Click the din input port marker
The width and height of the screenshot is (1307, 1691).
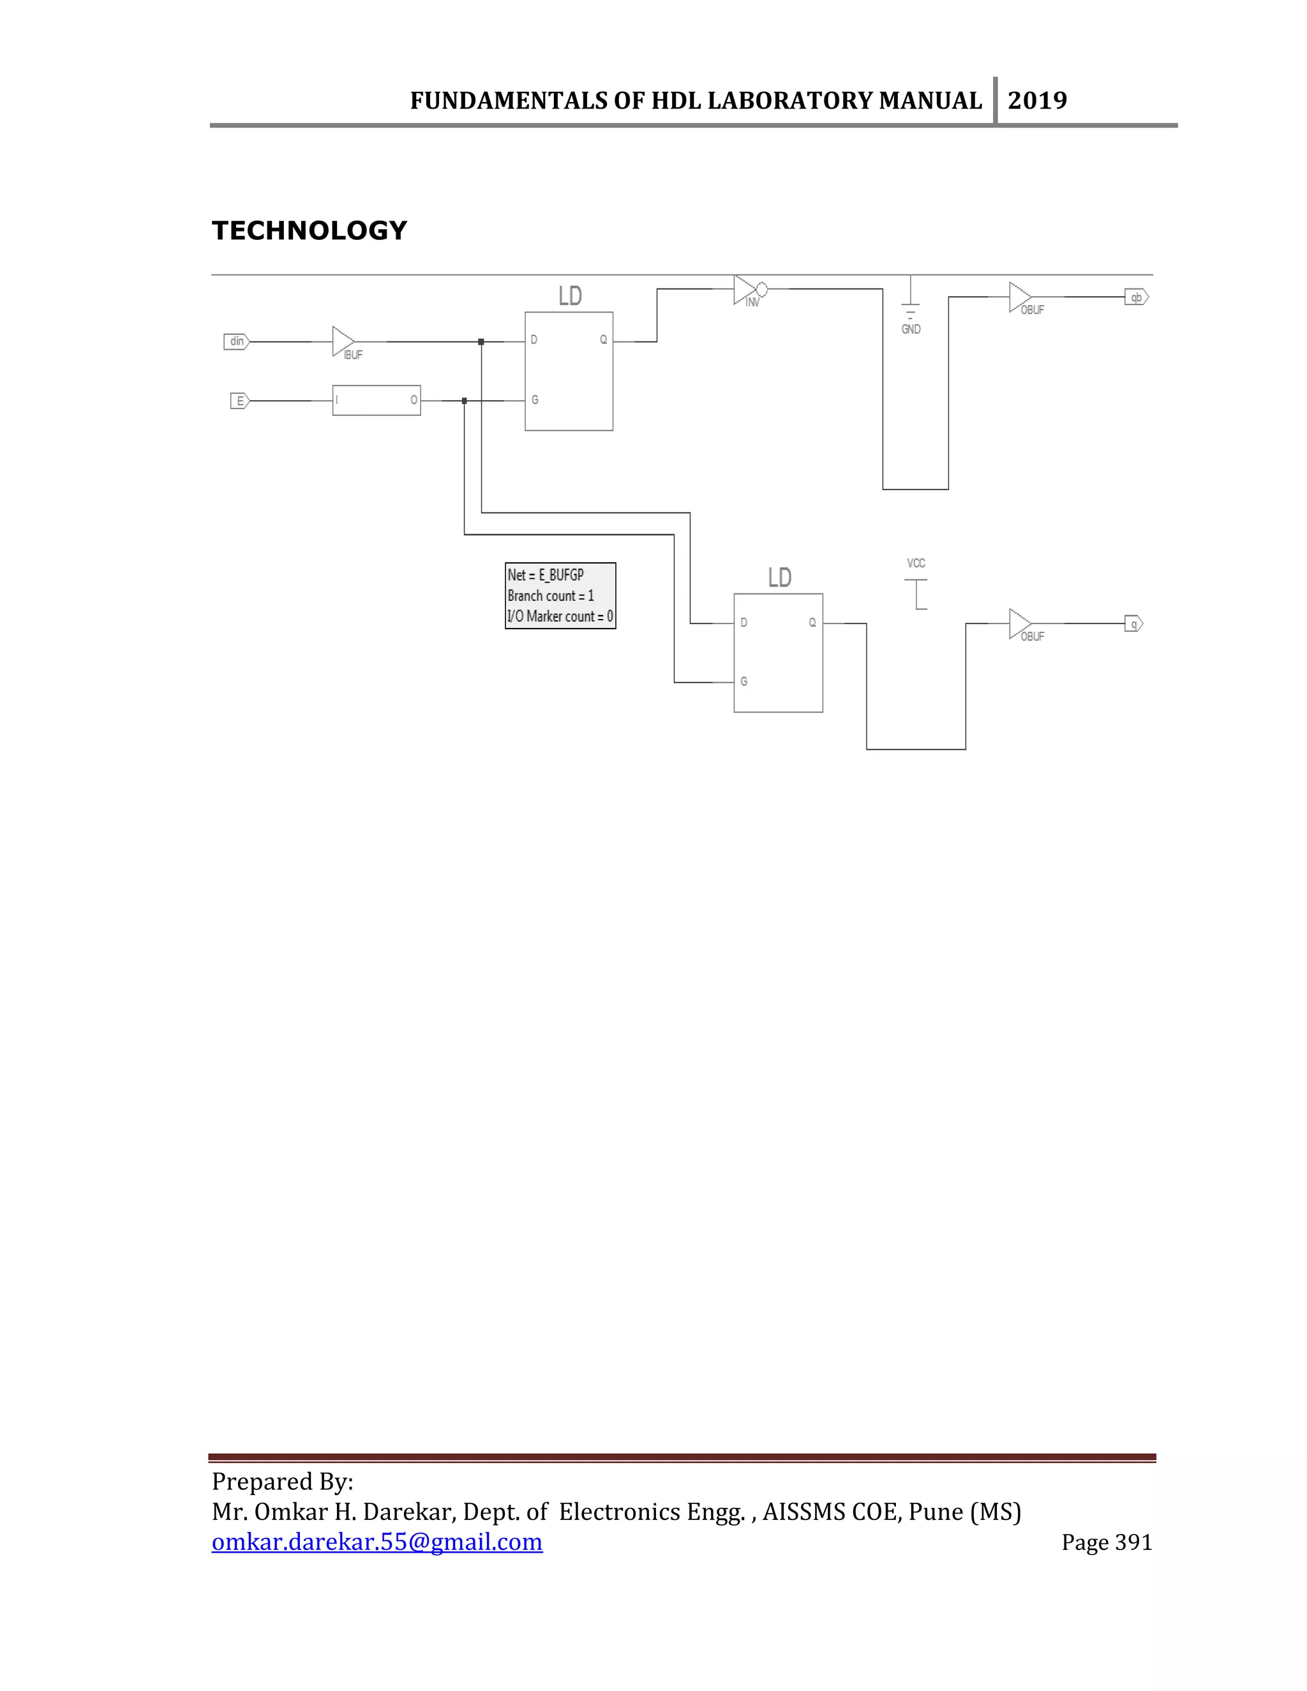click(236, 341)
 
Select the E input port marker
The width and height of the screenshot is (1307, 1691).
click(240, 401)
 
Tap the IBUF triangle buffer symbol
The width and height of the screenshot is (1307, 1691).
click(342, 341)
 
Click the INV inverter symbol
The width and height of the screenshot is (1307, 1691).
click(748, 290)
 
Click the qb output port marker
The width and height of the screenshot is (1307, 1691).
click(1136, 297)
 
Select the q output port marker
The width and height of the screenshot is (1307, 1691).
click(1133, 624)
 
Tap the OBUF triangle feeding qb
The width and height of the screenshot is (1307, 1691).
click(1019, 297)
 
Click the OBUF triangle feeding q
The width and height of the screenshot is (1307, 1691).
click(1019, 624)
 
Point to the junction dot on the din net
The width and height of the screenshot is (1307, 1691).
click(481, 341)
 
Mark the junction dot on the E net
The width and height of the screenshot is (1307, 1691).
click(465, 401)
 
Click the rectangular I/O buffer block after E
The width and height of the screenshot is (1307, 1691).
click(377, 400)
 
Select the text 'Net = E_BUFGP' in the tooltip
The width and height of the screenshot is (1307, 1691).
click(546, 576)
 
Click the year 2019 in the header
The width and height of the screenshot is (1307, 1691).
click(1038, 101)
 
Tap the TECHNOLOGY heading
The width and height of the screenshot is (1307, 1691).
click(309, 231)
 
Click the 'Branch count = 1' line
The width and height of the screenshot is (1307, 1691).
click(551, 596)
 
